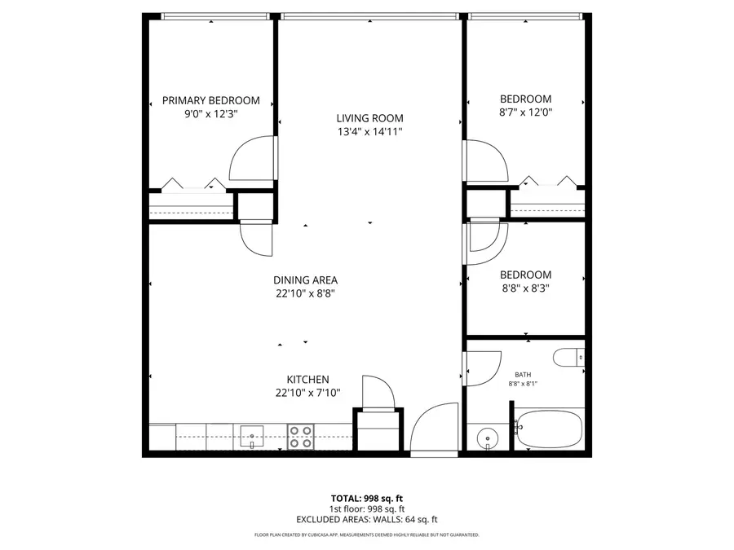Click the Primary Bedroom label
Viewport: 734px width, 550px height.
point(210,100)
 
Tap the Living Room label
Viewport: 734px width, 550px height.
point(369,118)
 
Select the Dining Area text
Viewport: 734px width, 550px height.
point(305,279)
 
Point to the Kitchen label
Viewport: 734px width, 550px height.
point(307,380)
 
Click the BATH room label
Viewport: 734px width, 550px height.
point(523,375)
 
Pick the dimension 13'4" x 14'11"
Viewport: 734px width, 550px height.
point(369,131)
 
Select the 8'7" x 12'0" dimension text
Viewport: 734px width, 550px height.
point(525,113)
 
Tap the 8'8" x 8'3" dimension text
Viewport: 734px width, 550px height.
point(525,288)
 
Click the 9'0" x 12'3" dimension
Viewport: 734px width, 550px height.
point(210,114)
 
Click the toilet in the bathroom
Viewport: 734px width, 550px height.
point(568,357)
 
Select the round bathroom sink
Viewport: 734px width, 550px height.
point(487,438)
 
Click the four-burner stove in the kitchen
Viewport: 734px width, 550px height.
point(301,437)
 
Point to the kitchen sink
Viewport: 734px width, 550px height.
point(251,436)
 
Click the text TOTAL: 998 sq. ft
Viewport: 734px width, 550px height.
point(366,498)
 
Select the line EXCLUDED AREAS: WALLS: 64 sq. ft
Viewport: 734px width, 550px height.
point(366,519)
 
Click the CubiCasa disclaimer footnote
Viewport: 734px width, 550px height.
point(366,535)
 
